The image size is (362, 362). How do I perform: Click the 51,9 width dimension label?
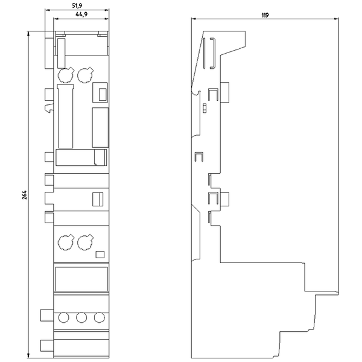77,6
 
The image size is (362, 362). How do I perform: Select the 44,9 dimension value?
81,14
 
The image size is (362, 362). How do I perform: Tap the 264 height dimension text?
25,195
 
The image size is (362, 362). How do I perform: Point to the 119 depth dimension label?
265,15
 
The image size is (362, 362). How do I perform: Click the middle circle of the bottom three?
81,317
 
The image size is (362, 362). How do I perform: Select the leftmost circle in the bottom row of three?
63,317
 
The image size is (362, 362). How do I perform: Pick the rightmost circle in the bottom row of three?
100,317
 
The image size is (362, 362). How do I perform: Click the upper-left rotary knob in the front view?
65,75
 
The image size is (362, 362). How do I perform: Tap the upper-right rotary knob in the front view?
85,75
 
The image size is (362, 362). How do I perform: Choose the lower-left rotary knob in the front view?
65,242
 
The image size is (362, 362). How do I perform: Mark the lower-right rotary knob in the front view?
85,242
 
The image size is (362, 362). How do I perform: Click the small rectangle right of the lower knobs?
100,255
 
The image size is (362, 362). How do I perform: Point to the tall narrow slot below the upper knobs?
65,116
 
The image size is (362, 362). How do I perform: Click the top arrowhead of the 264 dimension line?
28,33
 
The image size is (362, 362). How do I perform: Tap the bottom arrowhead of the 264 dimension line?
28,355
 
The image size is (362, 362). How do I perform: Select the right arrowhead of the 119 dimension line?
337,19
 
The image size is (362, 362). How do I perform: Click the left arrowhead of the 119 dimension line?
194,19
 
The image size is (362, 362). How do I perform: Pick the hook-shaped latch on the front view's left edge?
49,108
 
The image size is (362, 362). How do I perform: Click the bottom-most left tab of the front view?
47,345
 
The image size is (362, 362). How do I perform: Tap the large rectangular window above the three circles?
81,279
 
